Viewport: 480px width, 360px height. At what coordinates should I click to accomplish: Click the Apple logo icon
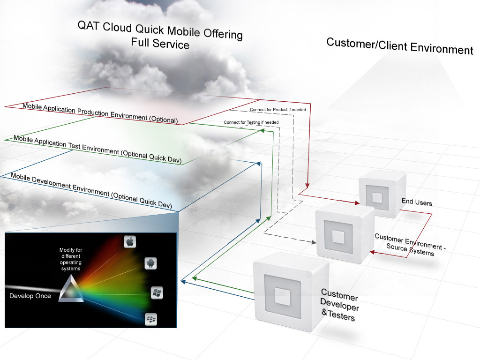coord(130,242)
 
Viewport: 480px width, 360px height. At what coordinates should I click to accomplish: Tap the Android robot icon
coord(150,262)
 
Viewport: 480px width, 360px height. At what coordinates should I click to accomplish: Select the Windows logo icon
coord(157,293)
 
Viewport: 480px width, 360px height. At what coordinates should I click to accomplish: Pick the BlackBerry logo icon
coord(151,320)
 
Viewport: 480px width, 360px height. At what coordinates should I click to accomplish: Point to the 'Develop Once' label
coord(30,296)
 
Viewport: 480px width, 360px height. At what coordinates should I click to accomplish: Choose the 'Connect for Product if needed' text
coord(277,110)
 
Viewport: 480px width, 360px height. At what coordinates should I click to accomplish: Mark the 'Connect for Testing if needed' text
coord(251,122)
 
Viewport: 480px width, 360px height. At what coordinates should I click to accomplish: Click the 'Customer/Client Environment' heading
coord(399,46)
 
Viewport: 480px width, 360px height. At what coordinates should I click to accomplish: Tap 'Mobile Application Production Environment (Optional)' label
coord(100,113)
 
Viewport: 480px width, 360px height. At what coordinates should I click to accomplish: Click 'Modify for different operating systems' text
coord(70,259)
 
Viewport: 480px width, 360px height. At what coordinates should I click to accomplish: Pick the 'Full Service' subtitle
coord(160,44)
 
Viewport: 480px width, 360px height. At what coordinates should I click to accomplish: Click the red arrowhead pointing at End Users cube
coord(358,203)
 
